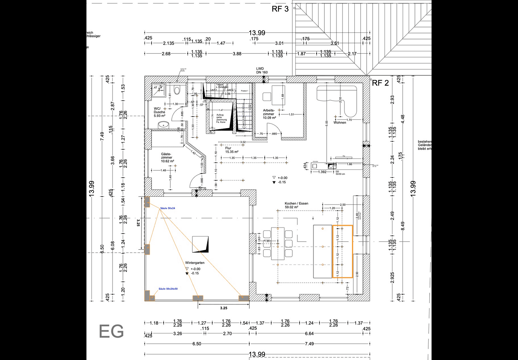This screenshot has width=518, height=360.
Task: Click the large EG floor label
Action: click(x=111, y=331)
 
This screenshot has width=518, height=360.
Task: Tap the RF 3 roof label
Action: click(x=280, y=9)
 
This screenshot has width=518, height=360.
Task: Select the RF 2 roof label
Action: click(x=380, y=83)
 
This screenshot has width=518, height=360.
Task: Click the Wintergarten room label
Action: click(x=195, y=263)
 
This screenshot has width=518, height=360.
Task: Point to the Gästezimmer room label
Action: click(x=167, y=158)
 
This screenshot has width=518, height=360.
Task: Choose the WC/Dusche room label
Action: click(x=159, y=112)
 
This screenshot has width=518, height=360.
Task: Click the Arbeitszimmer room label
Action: click(x=269, y=114)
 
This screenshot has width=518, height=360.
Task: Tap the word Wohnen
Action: click(x=340, y=123)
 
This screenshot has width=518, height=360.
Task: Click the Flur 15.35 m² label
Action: click(x=231, y=150)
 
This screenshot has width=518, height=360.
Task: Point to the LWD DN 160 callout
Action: click(x=262, y=70)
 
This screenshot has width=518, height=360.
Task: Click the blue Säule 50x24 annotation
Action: click(x=167, y=208)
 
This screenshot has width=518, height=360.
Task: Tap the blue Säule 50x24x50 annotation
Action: click(x=168, y=289)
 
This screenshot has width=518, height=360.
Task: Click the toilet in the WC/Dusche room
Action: click(x=177, y=90)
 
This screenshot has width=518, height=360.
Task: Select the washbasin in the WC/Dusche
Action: click(x=163, y=125)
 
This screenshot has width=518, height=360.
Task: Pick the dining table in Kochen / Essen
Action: click(x=278, y=243)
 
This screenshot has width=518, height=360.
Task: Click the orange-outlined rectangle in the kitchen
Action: click(x=343, y=251)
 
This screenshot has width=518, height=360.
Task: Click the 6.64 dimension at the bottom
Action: click(x=309, y=334)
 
